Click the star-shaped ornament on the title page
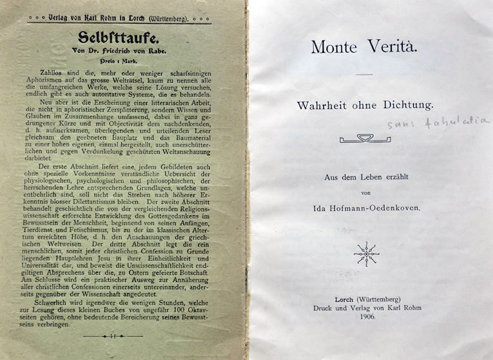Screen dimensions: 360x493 [x=366, y=254]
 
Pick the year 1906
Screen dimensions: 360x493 [x=365, y=318]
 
